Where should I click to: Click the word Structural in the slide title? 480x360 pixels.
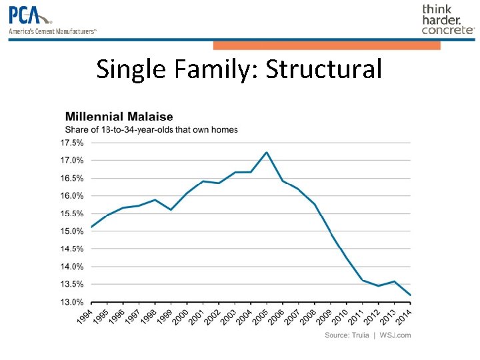coord(324,69)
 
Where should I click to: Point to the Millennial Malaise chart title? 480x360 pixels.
coord(119,117)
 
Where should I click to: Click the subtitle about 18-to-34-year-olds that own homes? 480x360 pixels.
coord(151,129)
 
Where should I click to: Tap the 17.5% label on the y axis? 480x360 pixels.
coord(72,143)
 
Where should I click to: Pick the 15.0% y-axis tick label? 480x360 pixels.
coord(72,231)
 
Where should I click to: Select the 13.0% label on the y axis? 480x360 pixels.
coord(72,302)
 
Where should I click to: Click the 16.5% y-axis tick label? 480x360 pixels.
coord(72,178)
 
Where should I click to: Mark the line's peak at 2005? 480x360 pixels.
coord(267,152)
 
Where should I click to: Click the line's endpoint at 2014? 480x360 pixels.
coord(410,295)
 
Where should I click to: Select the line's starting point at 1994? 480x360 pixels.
coord(92,227)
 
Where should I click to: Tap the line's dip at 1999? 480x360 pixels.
coord(171,210)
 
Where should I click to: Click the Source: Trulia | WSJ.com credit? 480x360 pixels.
coord(367,335)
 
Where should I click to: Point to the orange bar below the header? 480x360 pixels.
coord(327,45)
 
